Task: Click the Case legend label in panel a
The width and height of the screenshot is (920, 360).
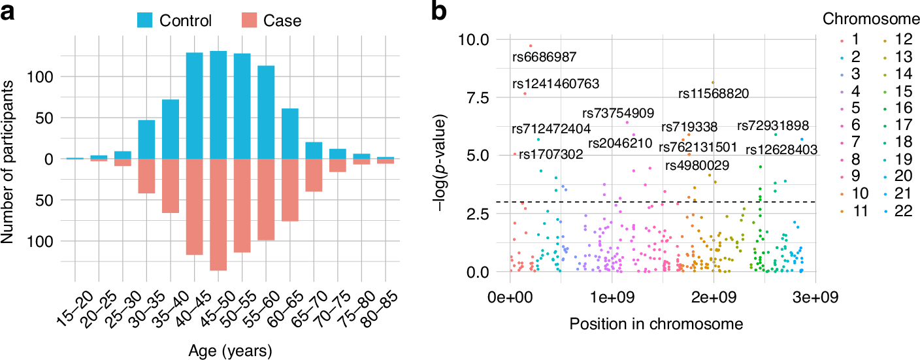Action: [x=282, y=20]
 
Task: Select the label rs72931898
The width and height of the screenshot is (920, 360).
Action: [x=773, y=125]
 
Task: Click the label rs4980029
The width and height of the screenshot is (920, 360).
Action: [x=697, y=165]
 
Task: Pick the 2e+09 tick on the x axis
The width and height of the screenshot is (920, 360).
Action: [x=713, y=298]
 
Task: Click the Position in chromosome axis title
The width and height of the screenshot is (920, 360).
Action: [x=657, y=323]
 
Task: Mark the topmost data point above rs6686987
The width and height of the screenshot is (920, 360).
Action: [x=531, y=46]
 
